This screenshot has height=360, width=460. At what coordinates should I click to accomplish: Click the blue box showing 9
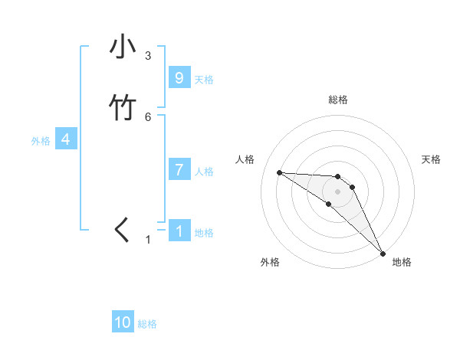(x=179, y=77)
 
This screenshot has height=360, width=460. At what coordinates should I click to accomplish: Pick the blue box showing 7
(x=179, y=170)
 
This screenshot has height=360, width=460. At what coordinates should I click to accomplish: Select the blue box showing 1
(x=179, y=231)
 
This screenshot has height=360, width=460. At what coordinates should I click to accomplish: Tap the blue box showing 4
(x=66, y=139)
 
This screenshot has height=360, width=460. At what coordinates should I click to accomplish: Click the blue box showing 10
(x=123, y=322)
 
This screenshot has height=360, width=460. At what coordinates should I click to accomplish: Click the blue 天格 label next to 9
(x=204, y=79)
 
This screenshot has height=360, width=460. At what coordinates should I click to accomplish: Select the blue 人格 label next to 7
(x=204, y=172)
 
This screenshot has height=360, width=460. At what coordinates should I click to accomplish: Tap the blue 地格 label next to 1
(x=204, y=233)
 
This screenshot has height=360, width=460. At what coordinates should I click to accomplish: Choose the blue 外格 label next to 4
(x=41, y=141)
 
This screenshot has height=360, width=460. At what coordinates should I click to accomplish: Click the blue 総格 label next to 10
(x=147, y=324)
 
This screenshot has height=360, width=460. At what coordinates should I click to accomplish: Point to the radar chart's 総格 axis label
(x=338, y=100)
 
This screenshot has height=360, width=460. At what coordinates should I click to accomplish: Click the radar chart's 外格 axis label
(x=270, y=262)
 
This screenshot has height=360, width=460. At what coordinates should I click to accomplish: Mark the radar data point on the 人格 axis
(x=279, y=172)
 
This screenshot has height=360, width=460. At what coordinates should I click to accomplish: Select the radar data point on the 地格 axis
(x=383, y=253)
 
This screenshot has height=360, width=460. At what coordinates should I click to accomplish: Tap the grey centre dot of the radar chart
(x=337, y=191)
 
